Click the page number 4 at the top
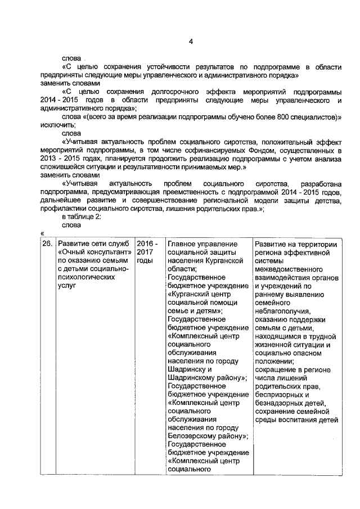tap(191, 42)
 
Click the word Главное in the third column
tap(183, 244)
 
